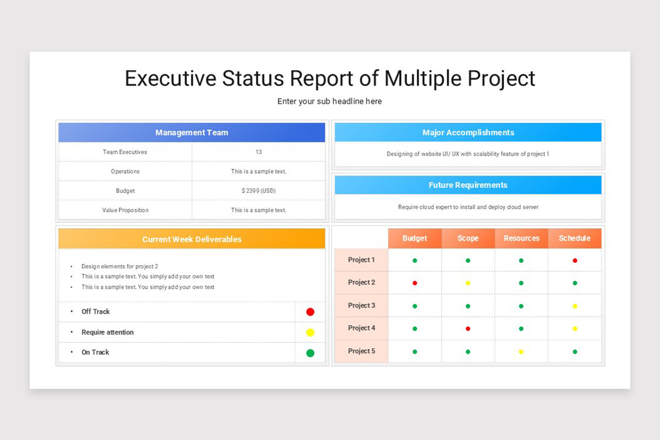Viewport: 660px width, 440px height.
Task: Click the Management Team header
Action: (x=191, y=133)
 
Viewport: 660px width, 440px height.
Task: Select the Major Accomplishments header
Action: (x=468, y=133)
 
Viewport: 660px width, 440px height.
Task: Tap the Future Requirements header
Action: (x=468, y=185)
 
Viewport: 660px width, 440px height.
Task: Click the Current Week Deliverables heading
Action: (x=191, y=239)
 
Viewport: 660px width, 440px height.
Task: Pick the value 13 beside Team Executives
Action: (x=258, y=152)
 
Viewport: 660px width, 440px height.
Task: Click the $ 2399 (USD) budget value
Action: (x=258, y=191)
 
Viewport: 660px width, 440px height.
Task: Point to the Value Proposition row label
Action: (x=125, y=210)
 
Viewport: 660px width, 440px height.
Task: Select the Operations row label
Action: (x=125, y=172)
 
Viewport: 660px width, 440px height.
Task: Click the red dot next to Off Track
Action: (x=310, y=312)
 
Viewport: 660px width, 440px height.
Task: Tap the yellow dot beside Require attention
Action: (x=310, y=332)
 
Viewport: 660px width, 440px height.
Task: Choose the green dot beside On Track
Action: (x=310, y=353)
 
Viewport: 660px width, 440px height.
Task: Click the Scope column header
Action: (x=468, y=238)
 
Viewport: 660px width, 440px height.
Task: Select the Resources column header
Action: (x=521, y=238)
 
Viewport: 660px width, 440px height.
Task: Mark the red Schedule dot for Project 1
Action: (x=575, y=261)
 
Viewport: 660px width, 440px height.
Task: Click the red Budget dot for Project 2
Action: (x=415, y=283)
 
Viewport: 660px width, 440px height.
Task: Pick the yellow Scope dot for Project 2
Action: (x=468, y=283)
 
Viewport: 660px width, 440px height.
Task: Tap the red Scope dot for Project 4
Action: (x=468, y=329)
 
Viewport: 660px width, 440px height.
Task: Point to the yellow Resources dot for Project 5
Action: (x=521, y=351)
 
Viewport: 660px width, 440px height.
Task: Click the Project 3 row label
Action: (x=361, y=306)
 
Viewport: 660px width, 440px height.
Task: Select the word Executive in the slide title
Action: (x=170, y=78)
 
